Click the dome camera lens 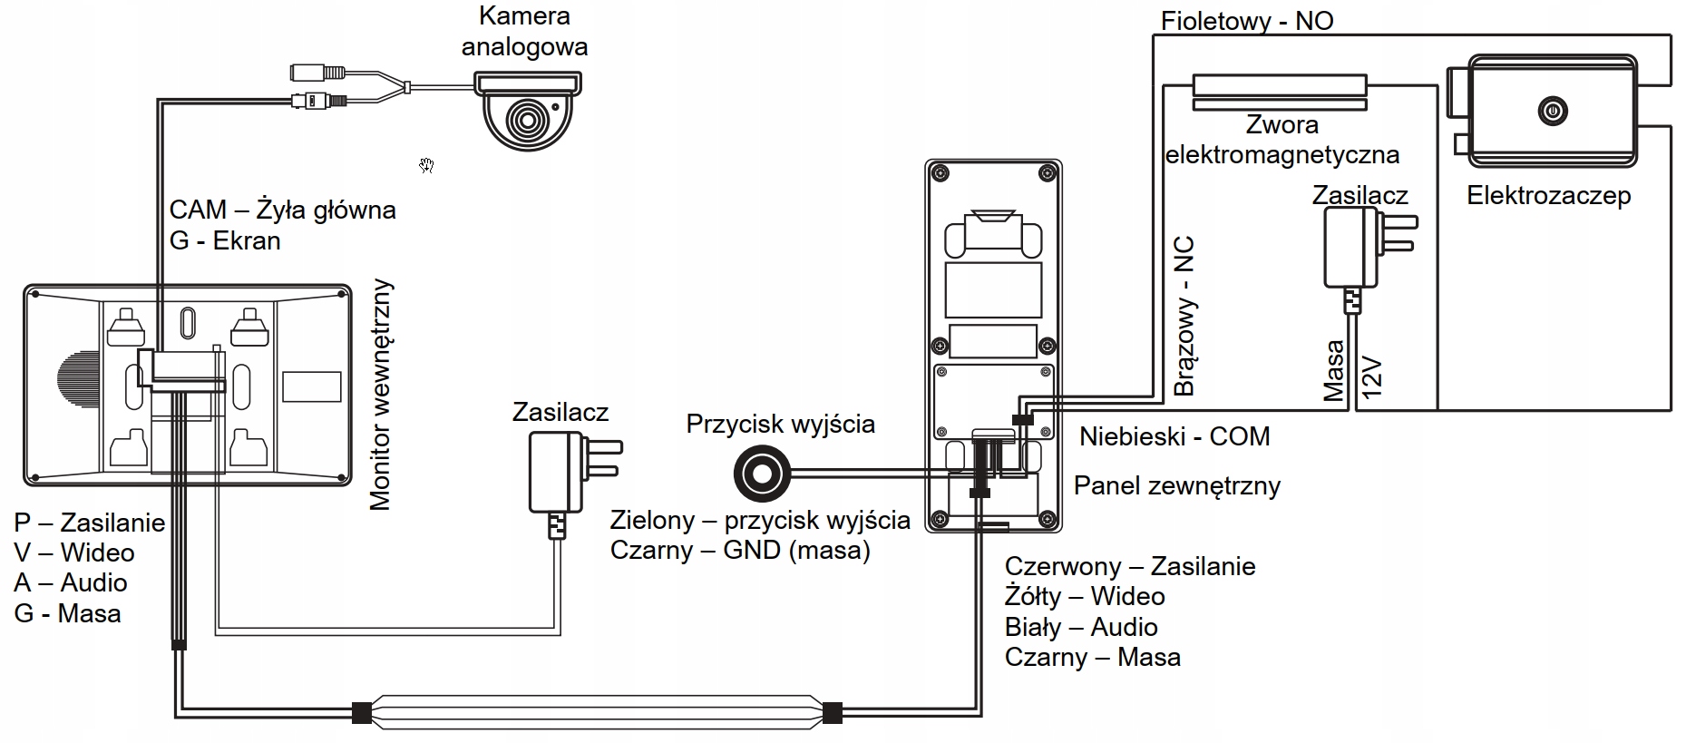coord(524,119)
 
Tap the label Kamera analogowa coord(524,32)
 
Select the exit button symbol coord(762,474)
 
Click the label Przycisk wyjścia coord(780,425)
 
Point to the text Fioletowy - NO coord(1247,21)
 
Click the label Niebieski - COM coord(1174,436)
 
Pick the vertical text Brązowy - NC coord(1184,316)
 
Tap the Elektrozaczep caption coord(1548,195)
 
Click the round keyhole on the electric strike coord(1553,112)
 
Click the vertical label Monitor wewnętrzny coord(381,395)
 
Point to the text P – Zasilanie coord(89,523)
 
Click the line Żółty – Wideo coord(1084,597)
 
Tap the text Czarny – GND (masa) coord(740,551)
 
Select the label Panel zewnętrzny coord(1176,485)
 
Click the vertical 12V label coord(1372,377)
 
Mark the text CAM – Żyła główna coord(282,210)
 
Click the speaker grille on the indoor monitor coord(66,386)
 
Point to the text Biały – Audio coord(1080,627)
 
